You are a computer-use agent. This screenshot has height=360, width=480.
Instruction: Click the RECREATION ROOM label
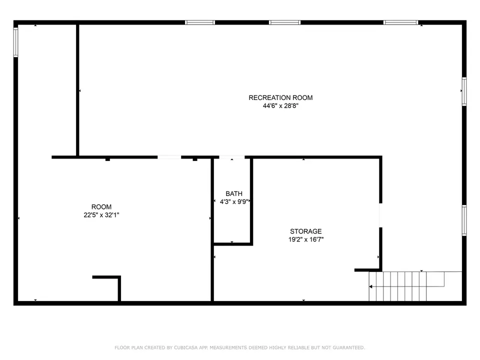pyautogui.click(x=280, y=97)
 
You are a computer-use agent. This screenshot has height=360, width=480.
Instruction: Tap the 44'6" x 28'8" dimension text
pyautogui.click(x=280, y=106)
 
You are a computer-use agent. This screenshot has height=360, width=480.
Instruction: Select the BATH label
pyautogui.click(x=234, y=194)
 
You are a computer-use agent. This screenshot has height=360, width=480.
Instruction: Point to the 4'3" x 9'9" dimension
pyautogui.click(x=234, y=201)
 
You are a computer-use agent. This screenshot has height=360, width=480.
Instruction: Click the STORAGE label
pyautogui.click(x=306, y=231)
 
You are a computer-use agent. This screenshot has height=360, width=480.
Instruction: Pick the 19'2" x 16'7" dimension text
pyautogui.click(x=306, y=239)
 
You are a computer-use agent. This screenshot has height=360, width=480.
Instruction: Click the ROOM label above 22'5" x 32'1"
pyautogui.click(x=101, y=207)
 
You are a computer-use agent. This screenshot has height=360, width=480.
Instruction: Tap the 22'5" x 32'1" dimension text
pyautogui.click(x=101, y=215)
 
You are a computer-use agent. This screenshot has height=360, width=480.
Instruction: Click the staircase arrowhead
pyautogui.click(x=370, y=286)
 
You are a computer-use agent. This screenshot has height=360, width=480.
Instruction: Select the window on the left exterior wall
pyautogui.click(x=15, y=42)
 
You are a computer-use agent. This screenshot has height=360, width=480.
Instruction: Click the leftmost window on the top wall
pyautogui.click(x=200, y=22)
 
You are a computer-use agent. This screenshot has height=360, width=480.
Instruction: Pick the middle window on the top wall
pyautogui.click(x=284, y=22)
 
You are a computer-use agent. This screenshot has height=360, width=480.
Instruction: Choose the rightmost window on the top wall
pyautogui.click(x=400, y=22)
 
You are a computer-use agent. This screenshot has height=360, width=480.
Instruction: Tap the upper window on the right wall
pyautogui.click(x=464, y=91)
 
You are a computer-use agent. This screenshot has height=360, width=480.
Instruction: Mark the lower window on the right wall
pyautogui.click(x=464, y=220)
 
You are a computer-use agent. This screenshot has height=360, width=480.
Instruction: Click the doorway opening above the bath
pyautogui.click(x=231, y=157)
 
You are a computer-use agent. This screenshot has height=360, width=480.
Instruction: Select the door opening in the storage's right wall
pyautogui.click(x=380, y=215)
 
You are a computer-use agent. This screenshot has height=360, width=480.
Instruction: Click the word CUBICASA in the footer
pyautogui.click(x=186, y=347)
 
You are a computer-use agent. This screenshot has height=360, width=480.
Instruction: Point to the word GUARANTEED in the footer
pyautogui.click(x=348, y=347)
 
